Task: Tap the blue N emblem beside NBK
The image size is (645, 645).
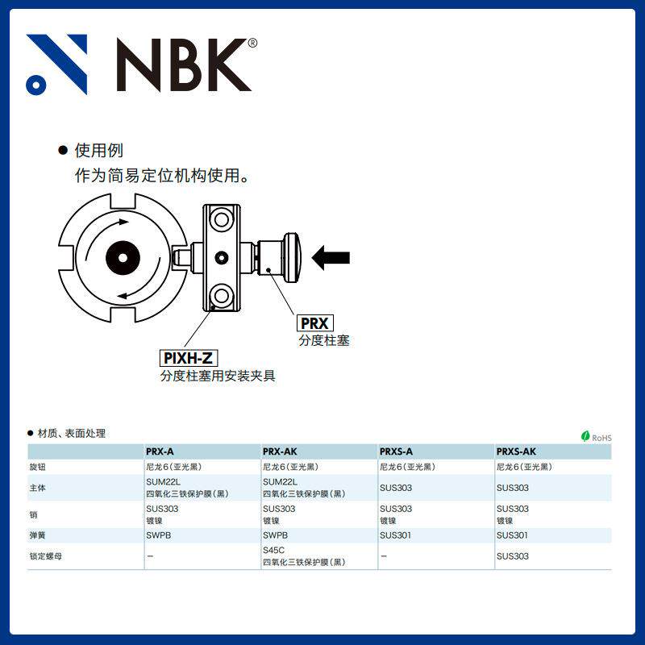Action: tap(56, 64)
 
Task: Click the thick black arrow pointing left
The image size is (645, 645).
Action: tap(331, 258)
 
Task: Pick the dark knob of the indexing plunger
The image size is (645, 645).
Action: tap(291, 257)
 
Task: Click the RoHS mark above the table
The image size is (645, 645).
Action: tap(597, 437)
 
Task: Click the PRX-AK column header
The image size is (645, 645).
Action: tap(280, 451)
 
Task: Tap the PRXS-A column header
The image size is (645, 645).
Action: tap(396, 451)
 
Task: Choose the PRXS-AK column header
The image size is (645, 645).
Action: tap(516, 451)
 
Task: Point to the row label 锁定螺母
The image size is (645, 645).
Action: tap(44, 556)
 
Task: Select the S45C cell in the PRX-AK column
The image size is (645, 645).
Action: tap(274, 551)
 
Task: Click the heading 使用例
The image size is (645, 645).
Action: tap(98, 151)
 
